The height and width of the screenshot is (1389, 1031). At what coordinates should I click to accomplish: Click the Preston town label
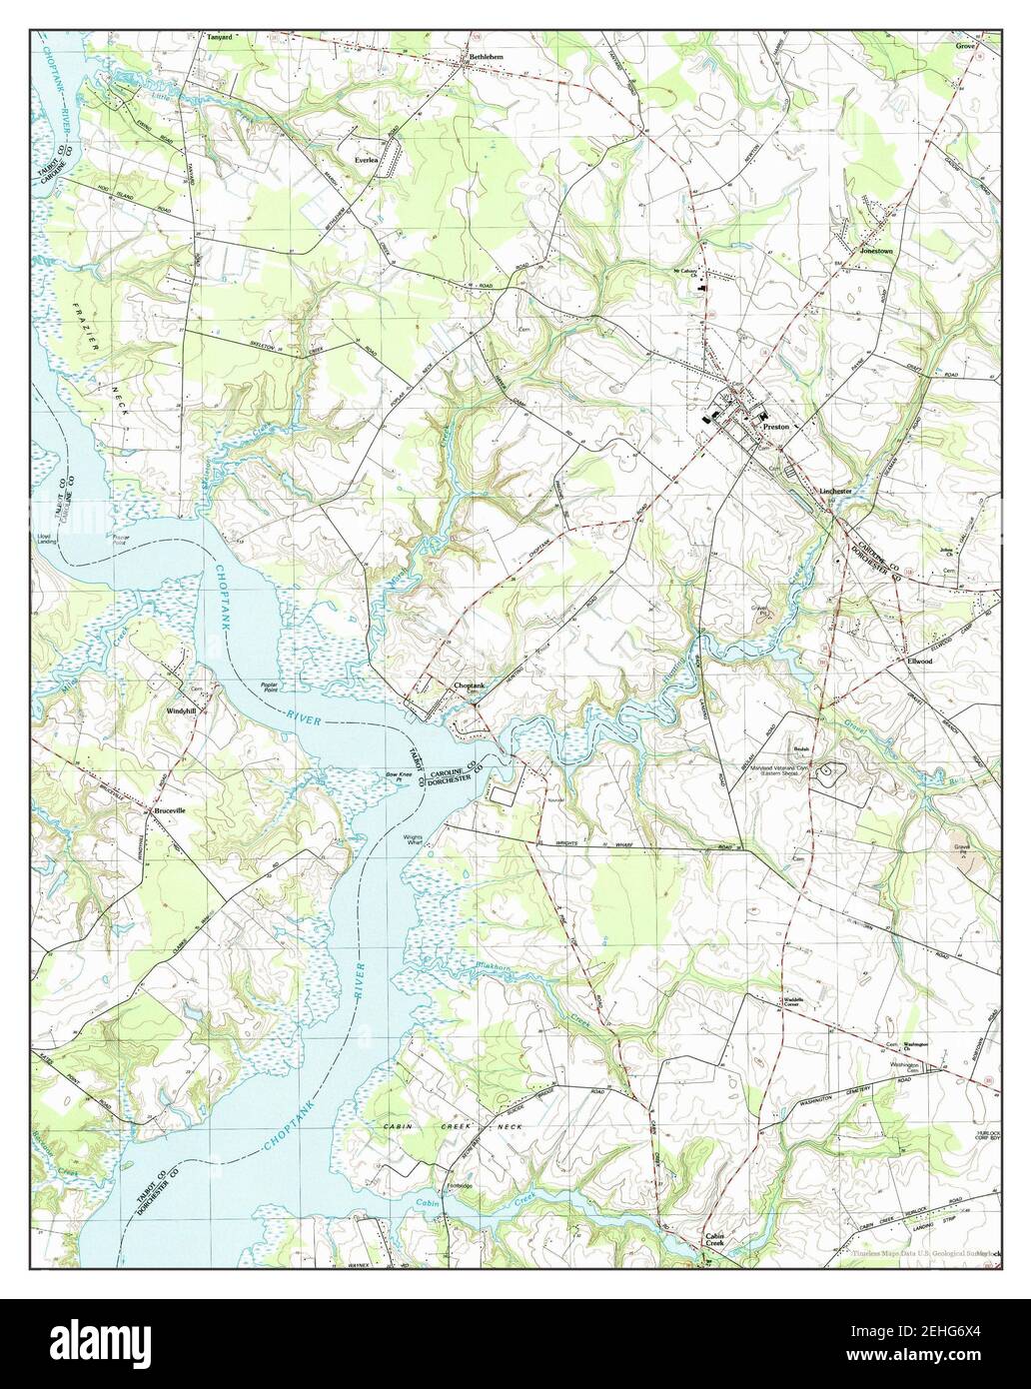(775, 427)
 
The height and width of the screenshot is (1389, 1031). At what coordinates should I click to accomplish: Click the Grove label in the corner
(964, 46)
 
